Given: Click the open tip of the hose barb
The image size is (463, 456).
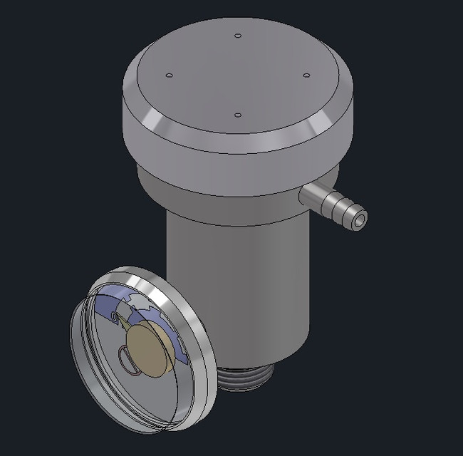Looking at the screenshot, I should tap(358, 219).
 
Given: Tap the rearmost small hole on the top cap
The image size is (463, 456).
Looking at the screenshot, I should tap(238, 35).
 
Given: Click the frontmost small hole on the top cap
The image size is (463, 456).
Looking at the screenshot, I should tap(238, 114).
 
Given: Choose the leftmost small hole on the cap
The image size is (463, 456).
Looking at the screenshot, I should tap(169, 75).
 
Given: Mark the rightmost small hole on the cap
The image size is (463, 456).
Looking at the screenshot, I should tap(306, 75).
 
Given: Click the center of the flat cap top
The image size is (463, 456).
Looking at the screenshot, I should tap(238, 75).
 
